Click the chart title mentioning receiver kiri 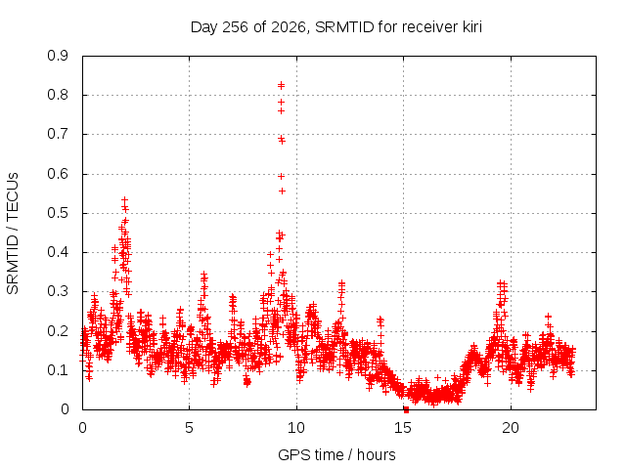[336, 27]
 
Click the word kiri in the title [471, 26]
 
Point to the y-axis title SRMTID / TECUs [13, 234]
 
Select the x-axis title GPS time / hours [336, 454]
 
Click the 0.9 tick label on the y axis [58, 56]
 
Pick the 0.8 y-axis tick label [58, 95]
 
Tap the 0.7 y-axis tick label [58, 134]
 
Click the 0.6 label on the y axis [58, 174]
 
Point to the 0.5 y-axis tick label [58, 213]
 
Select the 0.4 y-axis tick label [58, 252]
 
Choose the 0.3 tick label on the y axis [58, 291]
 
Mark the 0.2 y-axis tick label [58, 330]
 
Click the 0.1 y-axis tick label [58, 370]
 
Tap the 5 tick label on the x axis [189, 428]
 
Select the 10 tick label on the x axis [296, 428]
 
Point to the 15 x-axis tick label [403, 428]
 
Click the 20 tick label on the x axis [511, 428]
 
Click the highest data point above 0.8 [281, 85]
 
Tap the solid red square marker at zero [407, 409]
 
